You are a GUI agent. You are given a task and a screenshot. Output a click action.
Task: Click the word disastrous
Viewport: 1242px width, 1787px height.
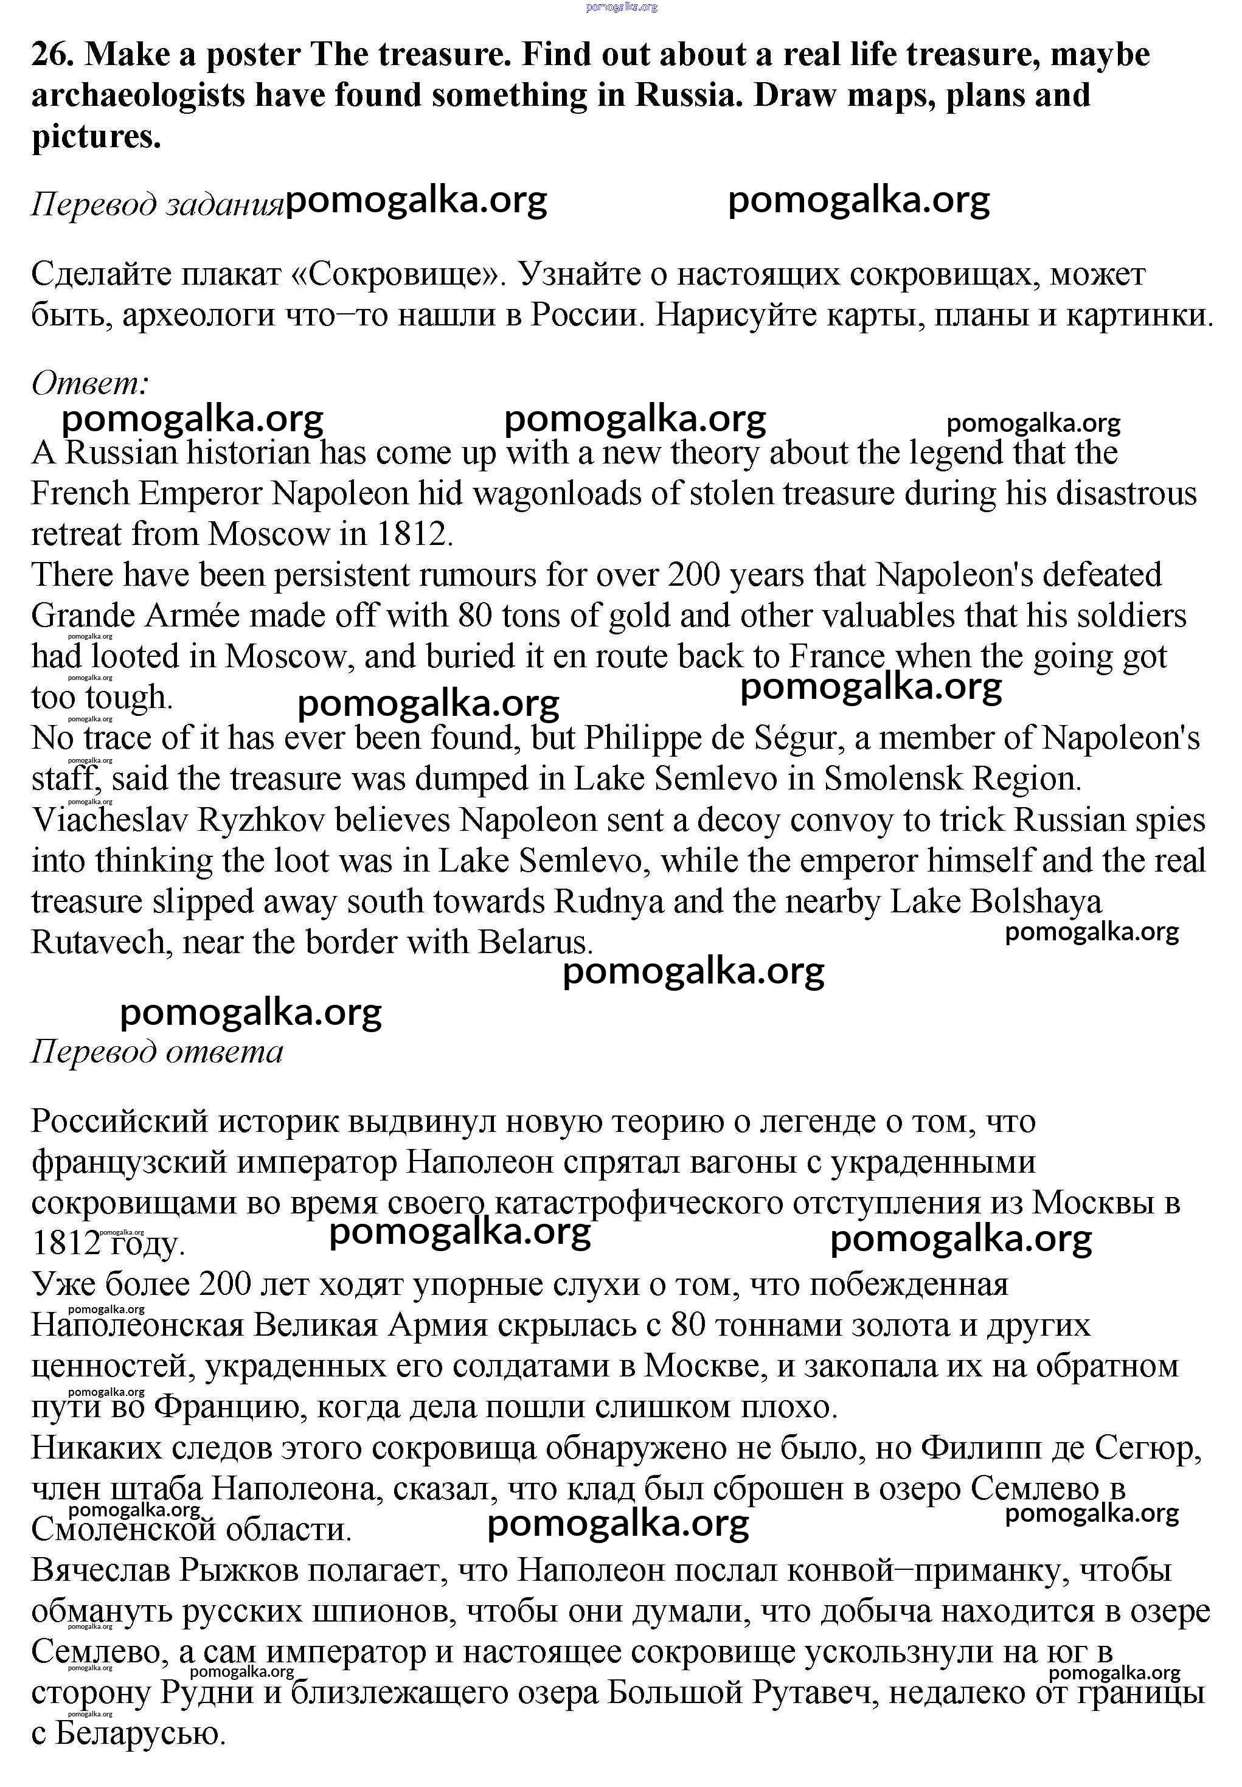tap(1101, 494)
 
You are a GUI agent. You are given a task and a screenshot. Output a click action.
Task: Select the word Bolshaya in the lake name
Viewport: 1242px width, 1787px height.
tap(1036, 901)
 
